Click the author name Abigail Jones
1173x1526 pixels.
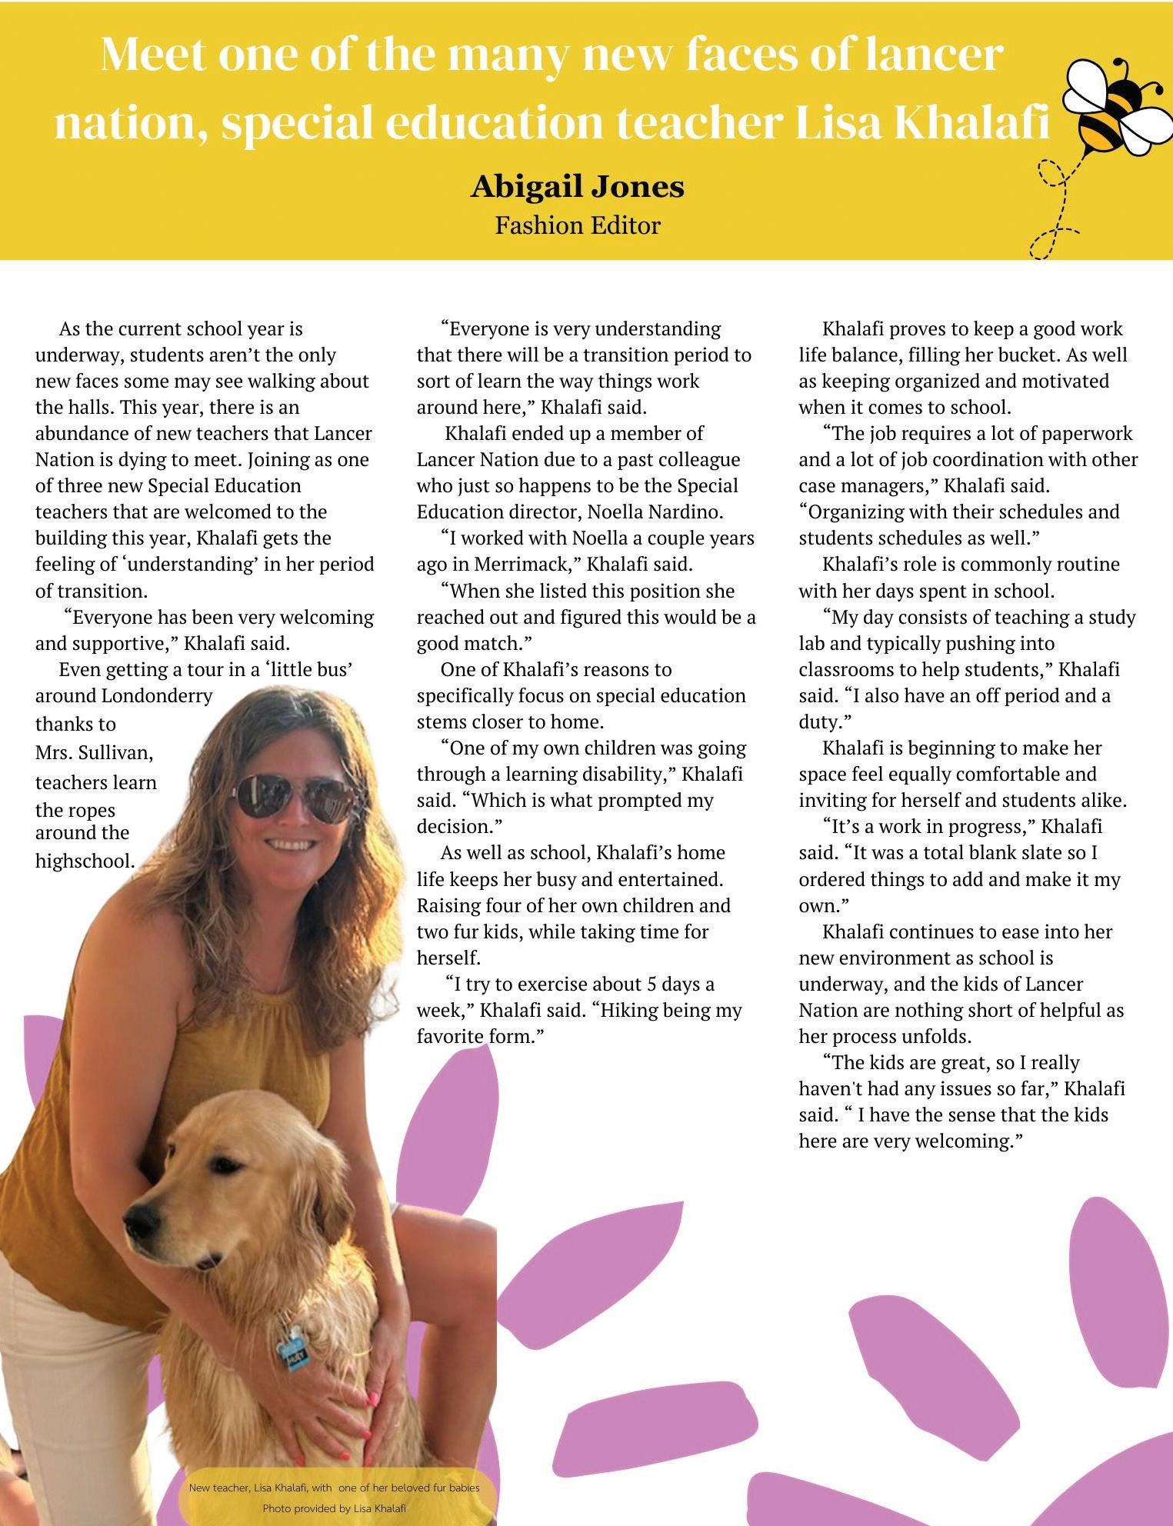coord(577,187)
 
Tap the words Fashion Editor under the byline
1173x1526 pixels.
coord(577,225)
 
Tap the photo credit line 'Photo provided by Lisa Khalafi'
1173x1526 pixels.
coord(334,1508)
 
